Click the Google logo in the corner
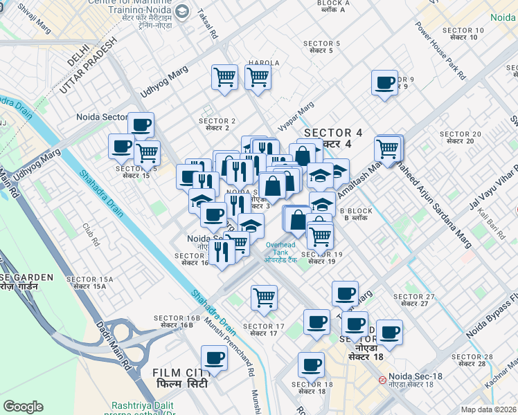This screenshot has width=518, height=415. [x=23, y=407]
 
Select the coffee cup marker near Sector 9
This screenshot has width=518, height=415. [x=384, y=84]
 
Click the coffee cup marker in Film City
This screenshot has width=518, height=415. [x=215, y=358]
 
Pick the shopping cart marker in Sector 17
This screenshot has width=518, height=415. [x=264, y=297]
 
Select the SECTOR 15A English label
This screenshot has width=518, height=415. [x=85, y=279]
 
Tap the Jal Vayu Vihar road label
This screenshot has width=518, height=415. [x=493, y=185]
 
